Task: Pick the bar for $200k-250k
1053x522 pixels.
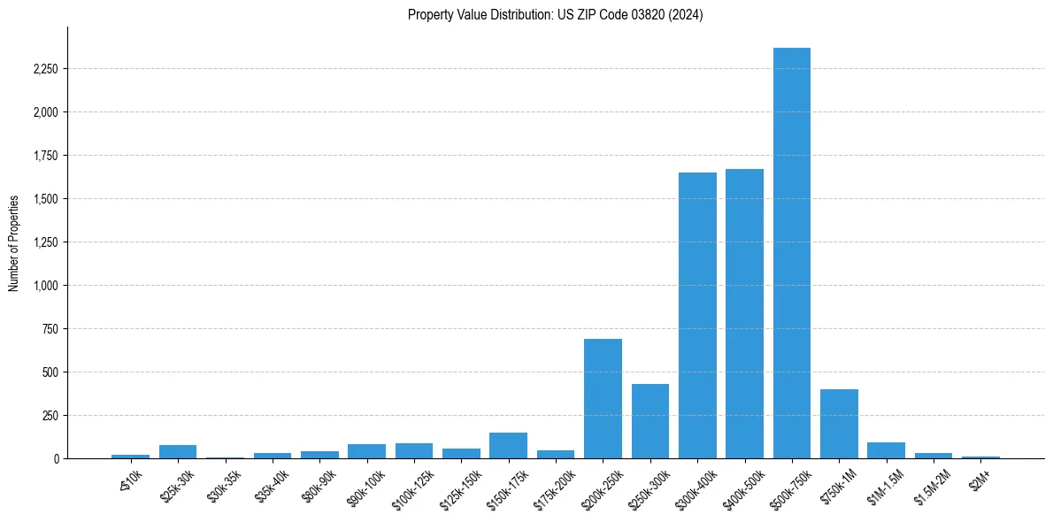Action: pos(603,399)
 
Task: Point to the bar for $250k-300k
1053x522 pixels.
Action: pos(649,421)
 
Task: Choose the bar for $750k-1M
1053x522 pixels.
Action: pos(839,424)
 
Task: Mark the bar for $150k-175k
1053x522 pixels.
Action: pos(508,446)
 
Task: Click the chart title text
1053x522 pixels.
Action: pos(555,15)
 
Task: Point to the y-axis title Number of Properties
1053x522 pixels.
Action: pos(14,242)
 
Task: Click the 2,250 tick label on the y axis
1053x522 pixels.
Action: pos(44,69)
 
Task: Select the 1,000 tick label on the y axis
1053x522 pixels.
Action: pos(44,286)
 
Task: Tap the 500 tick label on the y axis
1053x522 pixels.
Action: pos(50,372)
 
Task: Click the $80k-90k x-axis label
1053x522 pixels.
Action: pos(320,485)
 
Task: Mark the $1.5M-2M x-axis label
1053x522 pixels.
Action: pos(934,485)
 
